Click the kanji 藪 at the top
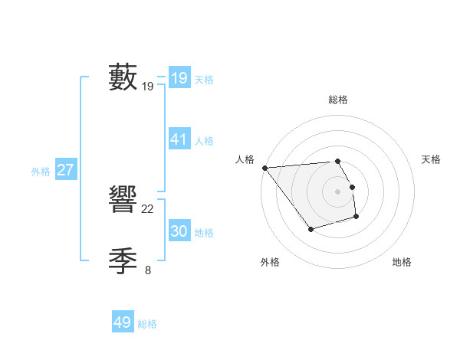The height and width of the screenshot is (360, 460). (123, 77)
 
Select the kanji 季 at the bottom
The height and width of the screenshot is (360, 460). (123, 261)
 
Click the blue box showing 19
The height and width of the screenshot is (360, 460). (179, 77)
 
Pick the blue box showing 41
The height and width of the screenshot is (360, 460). (179, 139)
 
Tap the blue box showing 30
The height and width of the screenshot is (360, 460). (179, 231)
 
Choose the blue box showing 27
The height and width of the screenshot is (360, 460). (65, 170)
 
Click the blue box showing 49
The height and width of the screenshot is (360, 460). (123, 322)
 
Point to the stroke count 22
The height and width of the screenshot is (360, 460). (148, 209)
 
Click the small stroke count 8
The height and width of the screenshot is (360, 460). (148, 270)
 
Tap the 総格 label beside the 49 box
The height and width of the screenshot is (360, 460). (147, 324)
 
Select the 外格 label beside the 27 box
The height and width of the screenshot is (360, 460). (41, 172)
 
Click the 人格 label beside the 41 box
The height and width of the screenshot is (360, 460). (204, 141)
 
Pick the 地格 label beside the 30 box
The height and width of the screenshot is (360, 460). (204, 233)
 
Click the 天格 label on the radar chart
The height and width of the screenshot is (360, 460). (431, 159)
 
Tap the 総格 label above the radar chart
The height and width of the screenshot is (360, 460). (337, 100)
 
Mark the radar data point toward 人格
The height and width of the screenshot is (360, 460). (264, 168)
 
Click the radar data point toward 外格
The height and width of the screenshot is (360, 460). (310, 229)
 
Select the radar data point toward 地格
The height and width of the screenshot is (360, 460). (356, 218)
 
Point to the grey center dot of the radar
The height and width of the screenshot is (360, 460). (337, 191)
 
